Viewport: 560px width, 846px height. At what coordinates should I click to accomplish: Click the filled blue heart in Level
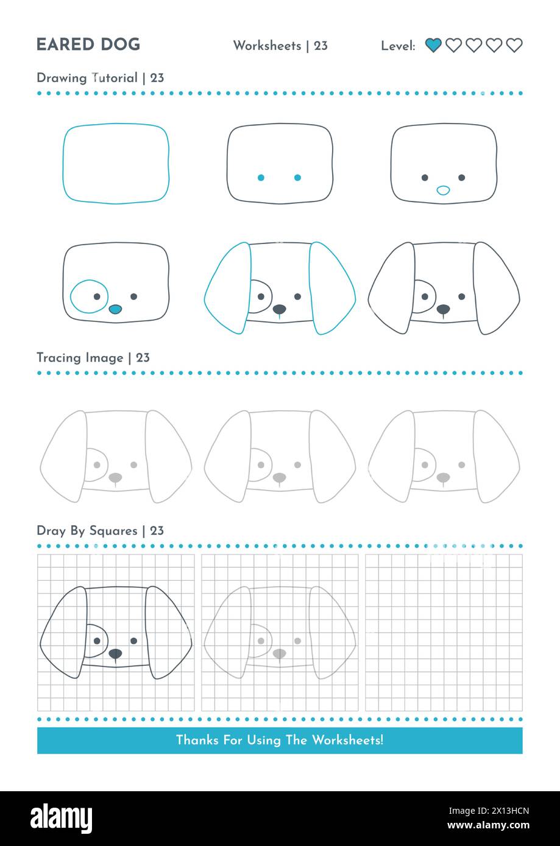[433, 45]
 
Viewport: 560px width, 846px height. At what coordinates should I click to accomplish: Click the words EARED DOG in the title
[88, 45]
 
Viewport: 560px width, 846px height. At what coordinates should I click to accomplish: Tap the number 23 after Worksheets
[321, 46]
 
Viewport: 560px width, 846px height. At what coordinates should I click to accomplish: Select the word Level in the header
[397, 46]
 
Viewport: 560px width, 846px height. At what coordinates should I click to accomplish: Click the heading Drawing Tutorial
[87, 78]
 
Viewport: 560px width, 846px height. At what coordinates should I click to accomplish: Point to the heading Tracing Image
[79, 358]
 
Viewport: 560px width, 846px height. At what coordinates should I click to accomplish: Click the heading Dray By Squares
[87, 531]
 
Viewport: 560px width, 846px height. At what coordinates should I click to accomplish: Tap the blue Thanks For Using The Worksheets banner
[280, 740]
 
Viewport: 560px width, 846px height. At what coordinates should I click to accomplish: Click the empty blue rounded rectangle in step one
[116, 164]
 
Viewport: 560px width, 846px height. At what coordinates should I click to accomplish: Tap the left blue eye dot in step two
[261, 178]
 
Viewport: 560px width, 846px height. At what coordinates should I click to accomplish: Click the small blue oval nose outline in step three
[444, 191]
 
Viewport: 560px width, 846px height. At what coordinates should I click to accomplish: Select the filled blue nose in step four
[115, 309]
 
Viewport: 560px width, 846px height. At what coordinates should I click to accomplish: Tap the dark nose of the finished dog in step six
[443, 309]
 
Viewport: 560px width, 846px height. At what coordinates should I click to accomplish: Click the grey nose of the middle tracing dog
[279, 477]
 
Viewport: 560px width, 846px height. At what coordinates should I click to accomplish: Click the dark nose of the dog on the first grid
[115, 653]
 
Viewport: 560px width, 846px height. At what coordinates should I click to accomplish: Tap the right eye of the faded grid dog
[297, 641]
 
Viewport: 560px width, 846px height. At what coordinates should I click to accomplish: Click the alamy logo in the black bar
[61, 819]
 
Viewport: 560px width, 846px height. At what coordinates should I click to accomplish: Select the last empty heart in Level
[514, 45]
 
